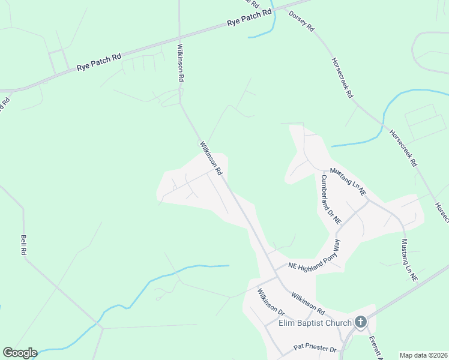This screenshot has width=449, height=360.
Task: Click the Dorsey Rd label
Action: coord(302,20)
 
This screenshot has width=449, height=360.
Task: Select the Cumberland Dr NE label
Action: coord(331,199)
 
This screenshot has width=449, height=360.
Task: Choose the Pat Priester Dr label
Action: coord(315,348)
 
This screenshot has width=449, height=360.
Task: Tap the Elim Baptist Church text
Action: coord(315,323)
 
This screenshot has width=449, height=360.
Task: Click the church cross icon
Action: coord(360,322)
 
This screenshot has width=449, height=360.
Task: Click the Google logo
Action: coord(19,353)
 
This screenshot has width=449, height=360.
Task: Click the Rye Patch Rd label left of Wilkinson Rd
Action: coord(98,62)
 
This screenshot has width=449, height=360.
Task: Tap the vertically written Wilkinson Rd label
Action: coord(180,62)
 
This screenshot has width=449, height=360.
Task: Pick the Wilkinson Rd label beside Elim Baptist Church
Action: coord(307,304)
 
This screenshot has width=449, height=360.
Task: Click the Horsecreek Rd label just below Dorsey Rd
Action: coord(343,78)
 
